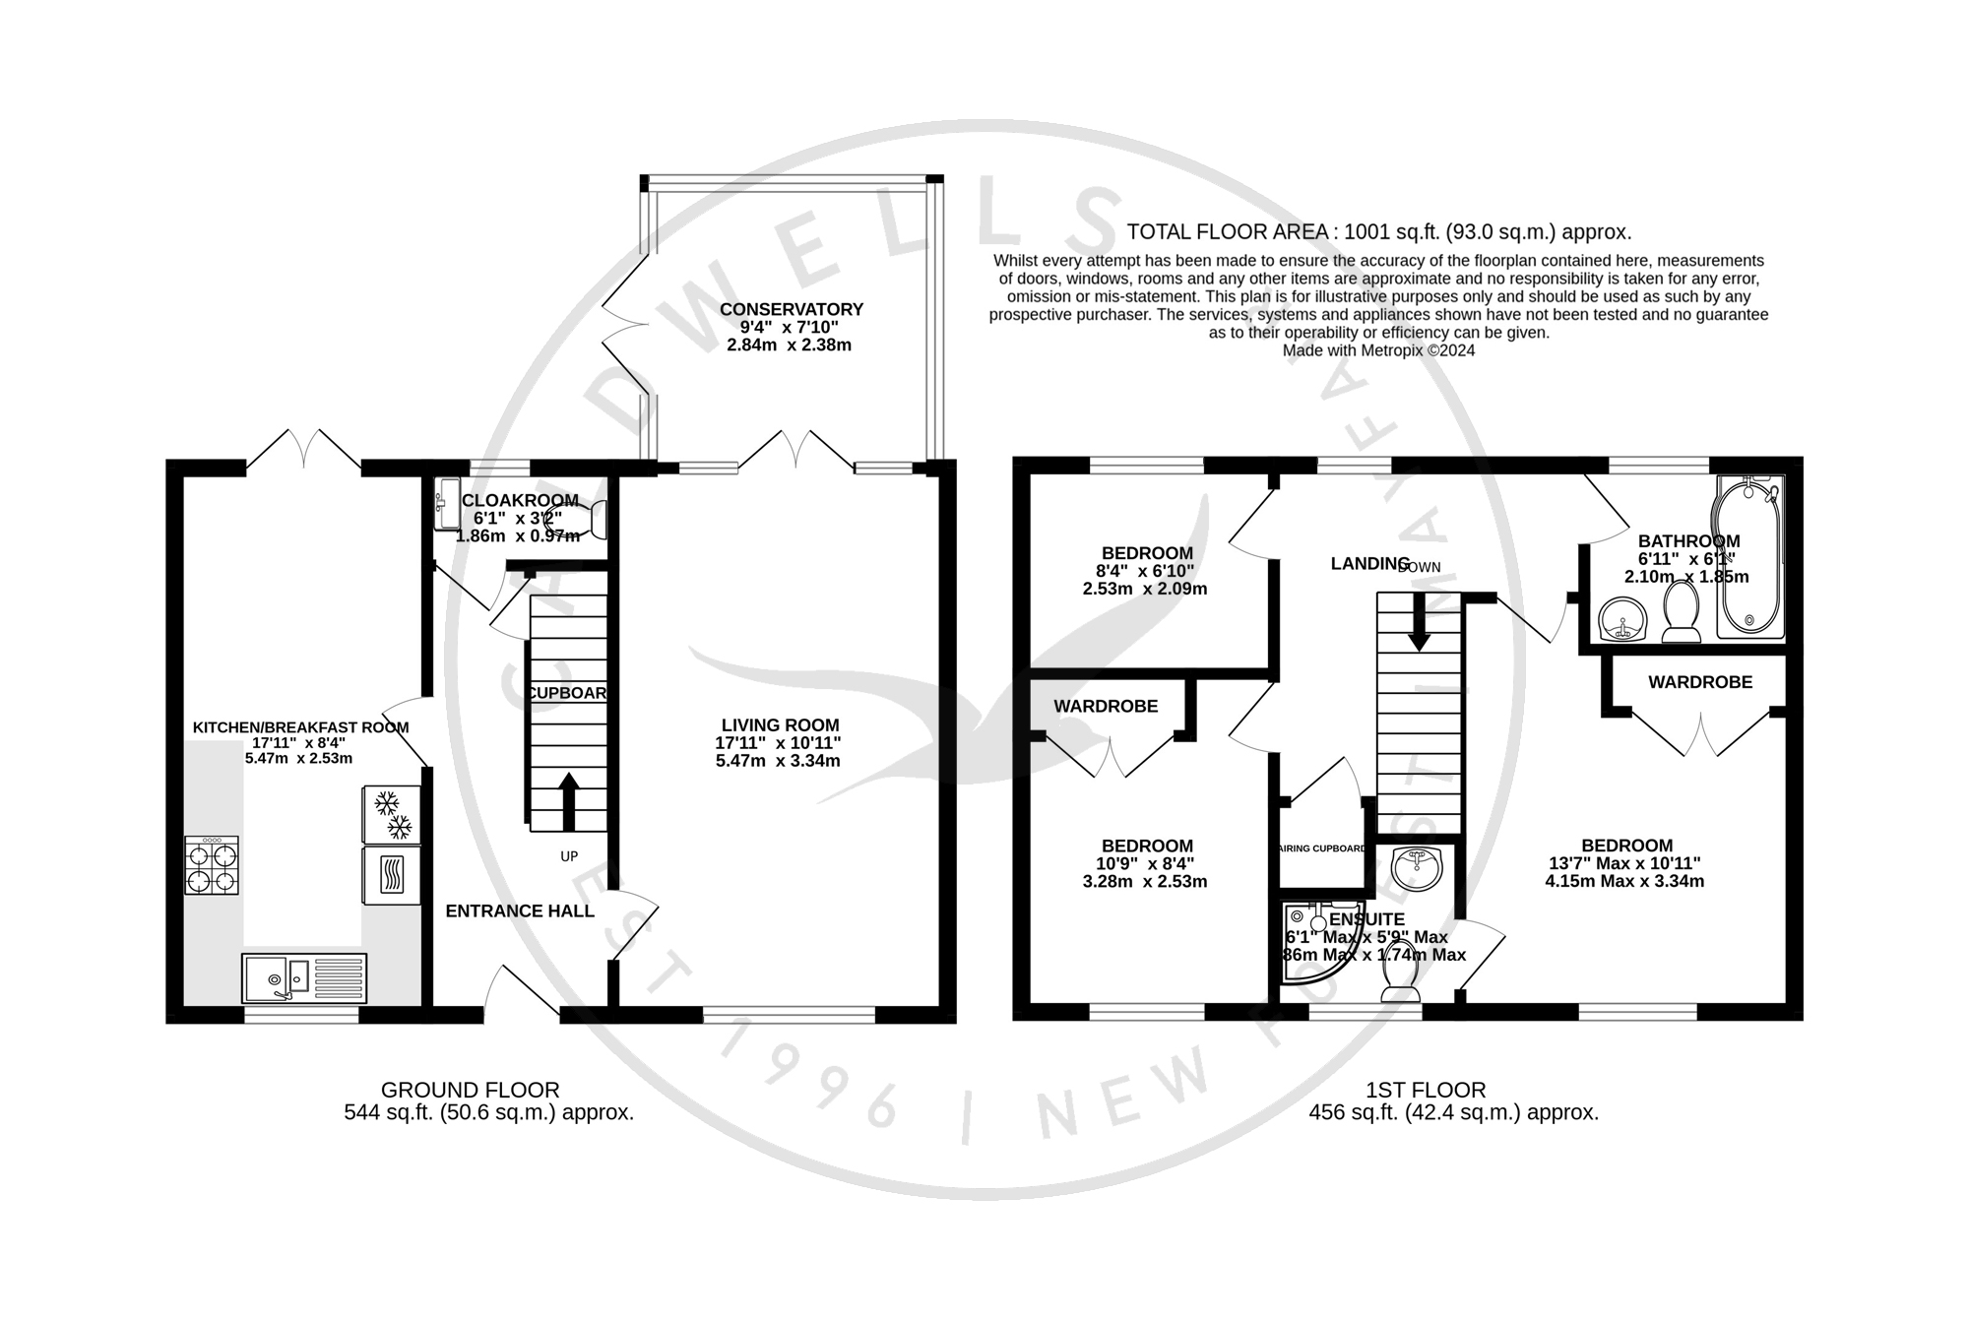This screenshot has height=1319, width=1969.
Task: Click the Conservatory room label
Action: click(791, 309)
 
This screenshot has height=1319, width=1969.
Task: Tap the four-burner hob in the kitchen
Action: click(212, 865)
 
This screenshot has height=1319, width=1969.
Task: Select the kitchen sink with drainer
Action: click(303, 977)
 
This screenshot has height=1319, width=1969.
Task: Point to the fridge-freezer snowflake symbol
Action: click(392, 814)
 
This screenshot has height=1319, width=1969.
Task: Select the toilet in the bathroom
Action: click(1681, 612)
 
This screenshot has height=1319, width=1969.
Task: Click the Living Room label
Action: click(780, 725)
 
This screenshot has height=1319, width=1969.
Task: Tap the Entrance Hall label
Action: click(520, 911)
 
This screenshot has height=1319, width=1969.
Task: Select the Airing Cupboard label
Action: click(1321, 848)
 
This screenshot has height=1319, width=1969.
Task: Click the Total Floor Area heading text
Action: click(1378, 232)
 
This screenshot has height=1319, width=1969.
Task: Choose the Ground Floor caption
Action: click(470, 1090)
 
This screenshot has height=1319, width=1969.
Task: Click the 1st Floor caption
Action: click(1425, 1090)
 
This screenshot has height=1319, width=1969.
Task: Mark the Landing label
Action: click(1369, 563)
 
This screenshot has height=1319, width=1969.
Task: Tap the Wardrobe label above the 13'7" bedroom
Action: click(1700, 682)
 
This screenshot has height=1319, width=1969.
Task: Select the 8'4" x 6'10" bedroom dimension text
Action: click(1147, 571)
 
